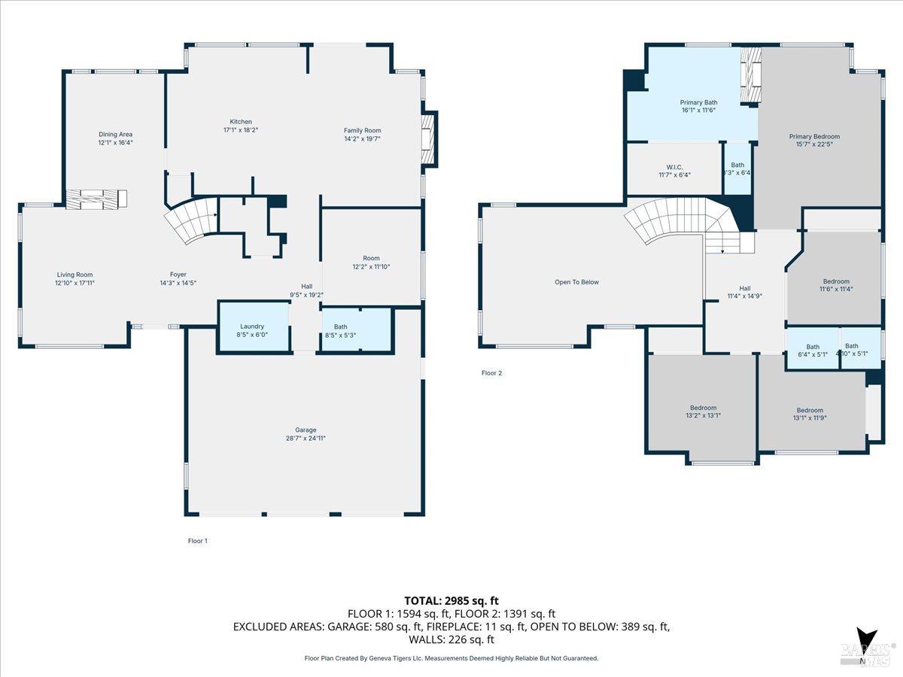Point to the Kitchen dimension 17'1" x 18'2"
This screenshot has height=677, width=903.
(x=241, y=130)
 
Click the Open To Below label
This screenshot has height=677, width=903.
(x=576, y=282)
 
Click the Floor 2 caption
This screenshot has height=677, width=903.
(x=491, y=372)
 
